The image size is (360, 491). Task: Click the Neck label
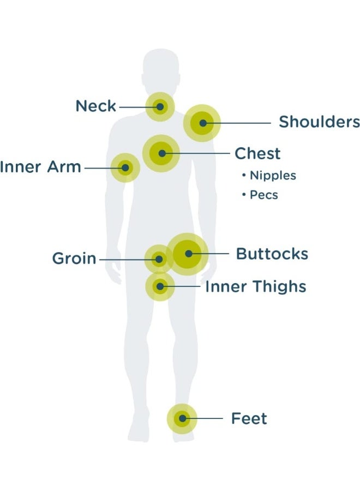point(96,106)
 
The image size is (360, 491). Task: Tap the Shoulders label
point(319,122)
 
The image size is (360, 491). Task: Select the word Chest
point(257,153)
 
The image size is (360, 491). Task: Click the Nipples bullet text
point(269,175)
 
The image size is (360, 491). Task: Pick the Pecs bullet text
point(260,195)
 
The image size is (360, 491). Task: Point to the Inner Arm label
point(40,166)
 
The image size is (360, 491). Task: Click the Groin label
point(74,259)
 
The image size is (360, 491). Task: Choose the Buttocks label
point(272,254)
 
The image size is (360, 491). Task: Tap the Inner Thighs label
point(255,286)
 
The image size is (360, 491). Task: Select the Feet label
point(249,418)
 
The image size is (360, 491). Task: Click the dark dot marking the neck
point(160,107)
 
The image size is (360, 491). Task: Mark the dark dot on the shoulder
point(203,123)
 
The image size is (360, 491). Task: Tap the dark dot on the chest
point(162,153)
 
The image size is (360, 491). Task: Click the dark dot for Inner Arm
point(125,168)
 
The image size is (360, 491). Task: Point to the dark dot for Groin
point(159,259)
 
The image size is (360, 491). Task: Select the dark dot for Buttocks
point(188,254)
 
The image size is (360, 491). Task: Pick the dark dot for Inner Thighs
point(160,286)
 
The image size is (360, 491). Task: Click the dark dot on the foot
point(182,418)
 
